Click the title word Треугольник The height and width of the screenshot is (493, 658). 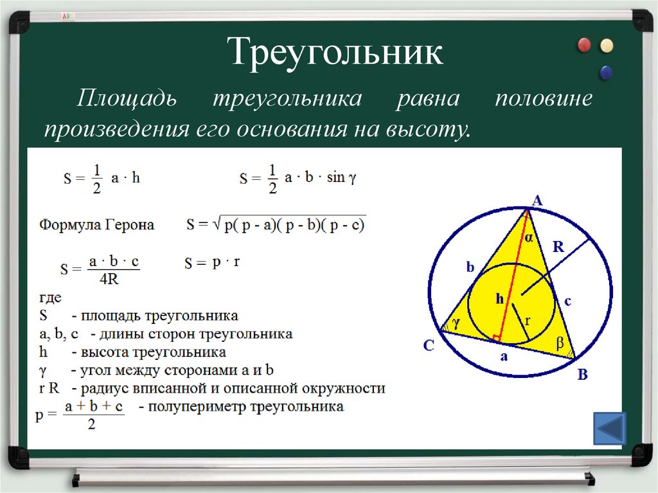336,52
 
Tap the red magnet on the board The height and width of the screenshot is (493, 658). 584,45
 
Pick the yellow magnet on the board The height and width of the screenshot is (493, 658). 606,46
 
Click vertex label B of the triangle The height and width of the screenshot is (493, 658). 582,375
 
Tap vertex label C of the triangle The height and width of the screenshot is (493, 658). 429,346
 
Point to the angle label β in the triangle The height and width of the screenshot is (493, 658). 559,344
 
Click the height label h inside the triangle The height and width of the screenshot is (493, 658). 499,298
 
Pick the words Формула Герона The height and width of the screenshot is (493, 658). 97,225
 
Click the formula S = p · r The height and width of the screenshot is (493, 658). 211,262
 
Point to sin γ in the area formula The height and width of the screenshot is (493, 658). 341,178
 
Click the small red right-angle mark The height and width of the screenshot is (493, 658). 495,337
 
